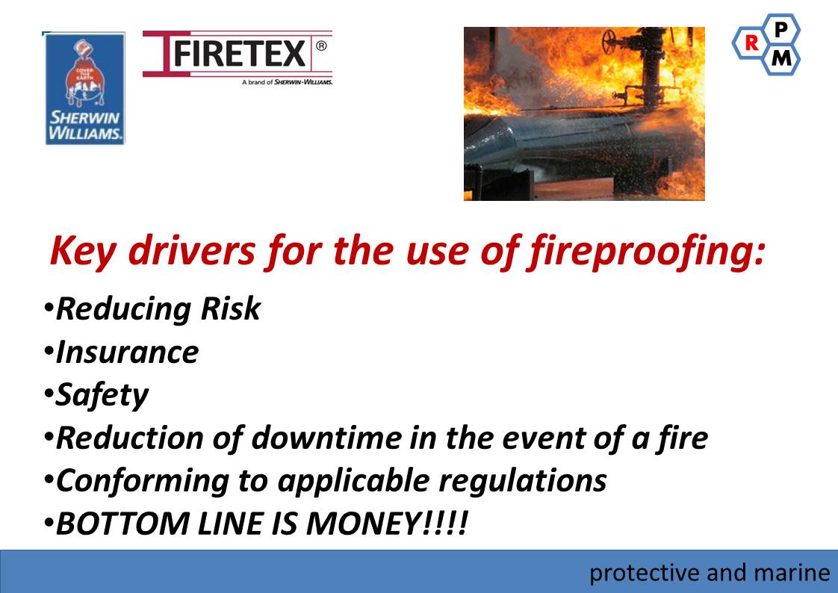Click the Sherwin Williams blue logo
tap(84, 88)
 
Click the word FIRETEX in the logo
tap(240, 54)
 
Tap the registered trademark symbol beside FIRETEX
tap(321, 46)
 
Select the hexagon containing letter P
tap(780, 29)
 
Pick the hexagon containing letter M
tap(780, 58)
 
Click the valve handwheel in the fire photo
tap(609, 41)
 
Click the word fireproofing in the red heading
tap(647, 251)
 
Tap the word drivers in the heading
tap(191, 250)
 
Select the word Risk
tap(230, 308)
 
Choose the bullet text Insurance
tap(127, 353)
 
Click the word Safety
tap(102, 396)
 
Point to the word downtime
tap(326, 438)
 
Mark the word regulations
tap(523, 481)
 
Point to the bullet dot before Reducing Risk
tap(49, 308)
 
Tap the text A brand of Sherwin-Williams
tap(287, 82)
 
